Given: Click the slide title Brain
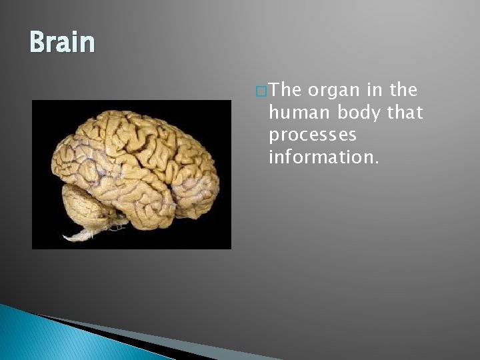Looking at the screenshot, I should pos(62,42).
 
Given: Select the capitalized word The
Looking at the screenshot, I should pos(285,90).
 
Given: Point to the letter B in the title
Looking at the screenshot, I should pos(37,42).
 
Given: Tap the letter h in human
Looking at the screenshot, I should pos(273,113).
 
